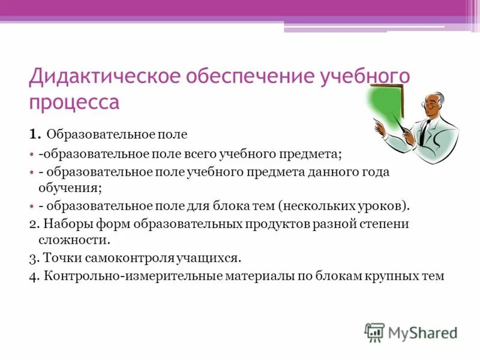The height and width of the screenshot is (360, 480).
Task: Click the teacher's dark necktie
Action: (x=424, y=131)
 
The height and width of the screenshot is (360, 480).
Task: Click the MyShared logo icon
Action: (x=374, y=332)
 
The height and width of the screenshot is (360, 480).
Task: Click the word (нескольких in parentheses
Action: (x=311, y=206)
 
